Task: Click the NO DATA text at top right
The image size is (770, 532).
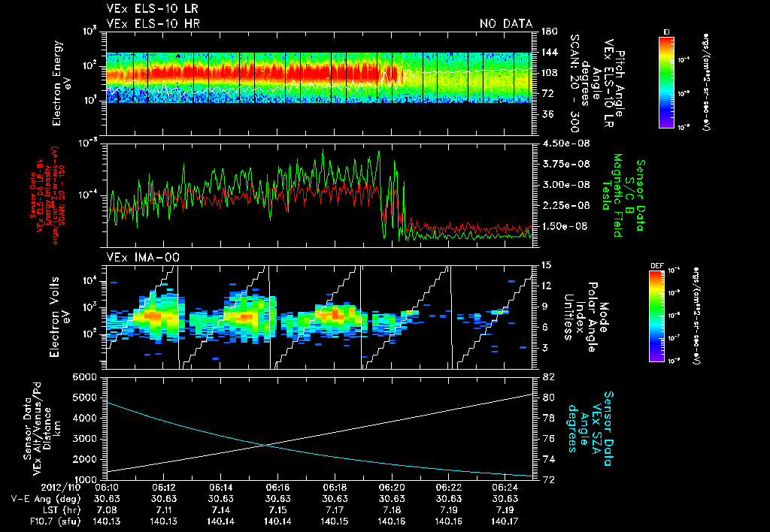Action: point(505,23)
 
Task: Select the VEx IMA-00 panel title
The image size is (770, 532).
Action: point(138,258)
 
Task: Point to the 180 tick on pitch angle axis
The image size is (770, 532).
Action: point(547,32)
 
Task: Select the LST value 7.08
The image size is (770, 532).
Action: point(108,509)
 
